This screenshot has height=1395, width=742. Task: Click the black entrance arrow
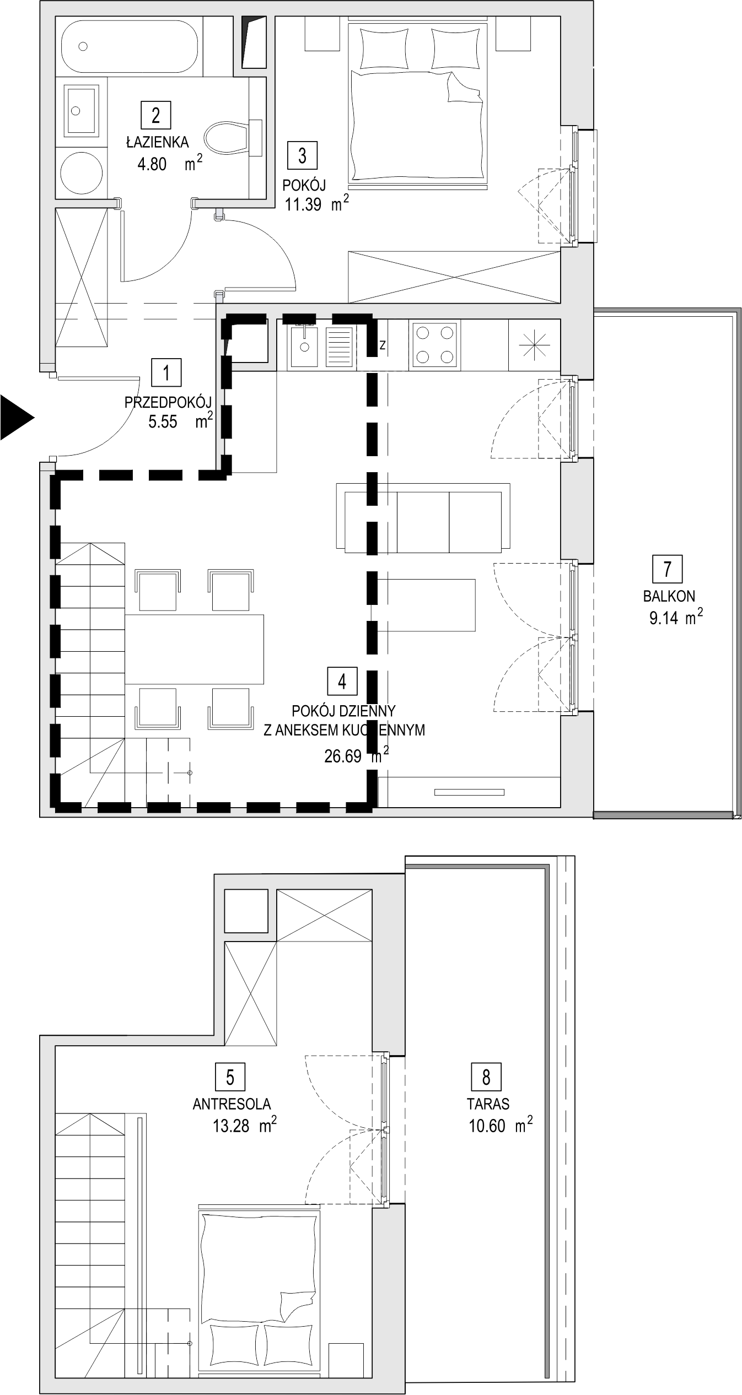pyautogui.click(x=15, y=417)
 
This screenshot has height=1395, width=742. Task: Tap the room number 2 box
pyautogui.click(x=155, y=115)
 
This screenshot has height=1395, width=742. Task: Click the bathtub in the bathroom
pyautogui.click(x=129, y=47)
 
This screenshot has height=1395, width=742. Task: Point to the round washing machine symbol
pyautogui.click(x=81, y=171)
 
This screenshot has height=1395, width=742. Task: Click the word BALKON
pyautogui.click(x=669, y=596)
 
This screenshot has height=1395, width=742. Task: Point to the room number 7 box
pyautogui.click(x=668, y=569)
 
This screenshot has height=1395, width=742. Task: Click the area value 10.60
pyautogui.click(x=487, y=1126)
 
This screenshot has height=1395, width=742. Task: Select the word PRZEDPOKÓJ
pyautogui.click(x=168, y=402)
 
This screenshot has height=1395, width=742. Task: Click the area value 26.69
pyautogui.click(x=343, y=756)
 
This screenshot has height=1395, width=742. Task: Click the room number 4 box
pyautogui.click(x=342, y=682)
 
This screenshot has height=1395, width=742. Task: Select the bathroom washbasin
pyautogui.click(x=82, y=110)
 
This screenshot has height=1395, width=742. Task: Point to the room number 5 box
pyautogui.click(x=230, y=1077)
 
